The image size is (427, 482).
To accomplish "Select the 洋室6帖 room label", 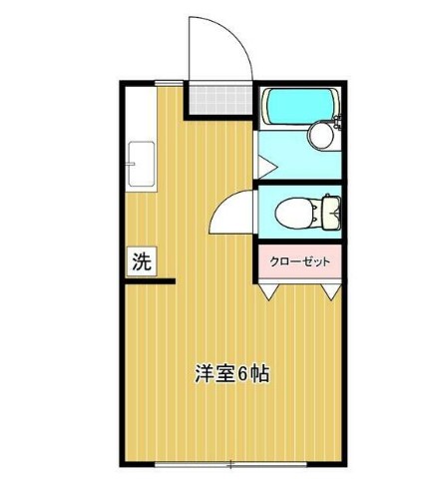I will coord(230,374).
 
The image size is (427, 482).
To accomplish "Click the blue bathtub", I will coord(297,106).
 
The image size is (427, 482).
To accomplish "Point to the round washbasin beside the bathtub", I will coord(320,134).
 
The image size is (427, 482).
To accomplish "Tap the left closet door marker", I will coord(270,290).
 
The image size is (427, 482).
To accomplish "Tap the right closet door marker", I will coord(331,290).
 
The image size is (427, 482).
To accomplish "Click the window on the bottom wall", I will coord(230,464).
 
